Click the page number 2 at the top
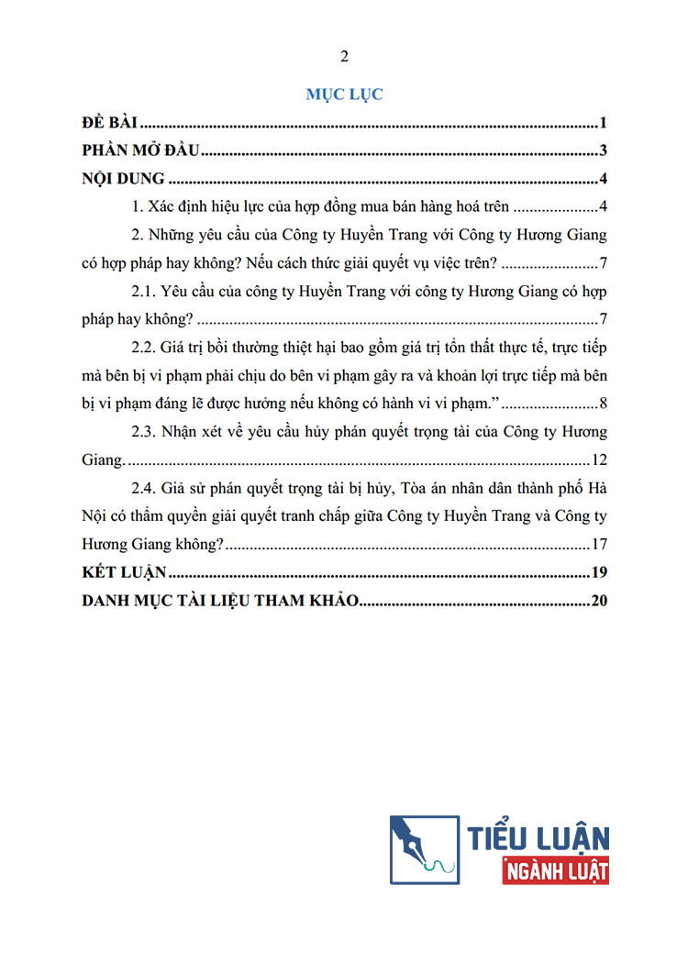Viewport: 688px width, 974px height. pos(344,57)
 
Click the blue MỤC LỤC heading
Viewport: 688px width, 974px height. pos(344,94)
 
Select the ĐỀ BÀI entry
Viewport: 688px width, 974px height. pos(109,124)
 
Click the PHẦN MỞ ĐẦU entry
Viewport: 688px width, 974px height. pos(135,151)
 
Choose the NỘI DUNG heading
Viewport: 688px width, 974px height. pos(123,179)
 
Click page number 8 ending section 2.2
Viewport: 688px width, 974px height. pos(603,404)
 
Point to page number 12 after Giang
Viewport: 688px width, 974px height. pos(600,459)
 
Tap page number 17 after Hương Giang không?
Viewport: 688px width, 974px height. pos(600,544)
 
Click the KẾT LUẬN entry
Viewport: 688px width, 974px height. pos(123,572)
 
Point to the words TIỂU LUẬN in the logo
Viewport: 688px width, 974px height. pos(538,836)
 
